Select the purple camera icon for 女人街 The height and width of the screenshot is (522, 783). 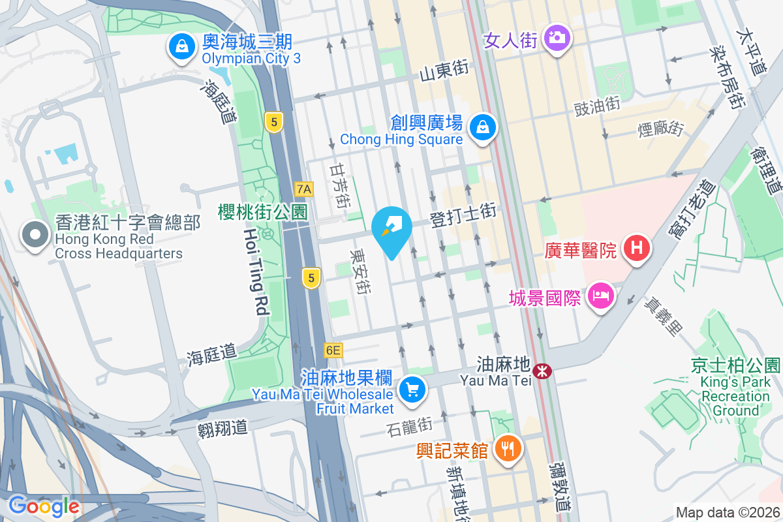(556, 38)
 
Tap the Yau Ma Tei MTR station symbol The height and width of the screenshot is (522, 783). (542, 371)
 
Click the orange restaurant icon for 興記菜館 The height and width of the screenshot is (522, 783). (506, 449)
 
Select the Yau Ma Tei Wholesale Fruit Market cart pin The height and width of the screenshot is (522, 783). (412, 390)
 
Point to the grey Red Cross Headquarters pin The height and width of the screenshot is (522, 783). (35, 236)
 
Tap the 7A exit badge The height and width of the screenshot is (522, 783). (304, 190)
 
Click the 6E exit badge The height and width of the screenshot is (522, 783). (333, 350)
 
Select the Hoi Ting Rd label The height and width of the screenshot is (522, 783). (255, 273)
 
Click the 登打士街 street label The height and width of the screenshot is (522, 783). (463, 215)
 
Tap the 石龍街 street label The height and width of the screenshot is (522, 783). (409, 427)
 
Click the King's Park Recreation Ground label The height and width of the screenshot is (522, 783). (735, 388)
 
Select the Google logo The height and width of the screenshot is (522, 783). (44, 506)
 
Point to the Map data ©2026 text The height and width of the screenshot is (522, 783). (728, 513)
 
